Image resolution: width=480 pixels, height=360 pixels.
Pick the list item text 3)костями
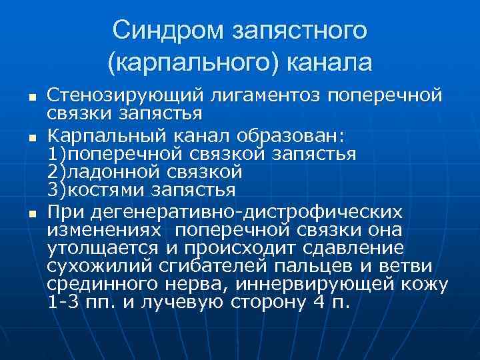93,189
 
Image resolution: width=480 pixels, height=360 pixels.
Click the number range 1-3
63,302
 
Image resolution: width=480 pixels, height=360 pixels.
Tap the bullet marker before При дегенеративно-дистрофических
23,213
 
